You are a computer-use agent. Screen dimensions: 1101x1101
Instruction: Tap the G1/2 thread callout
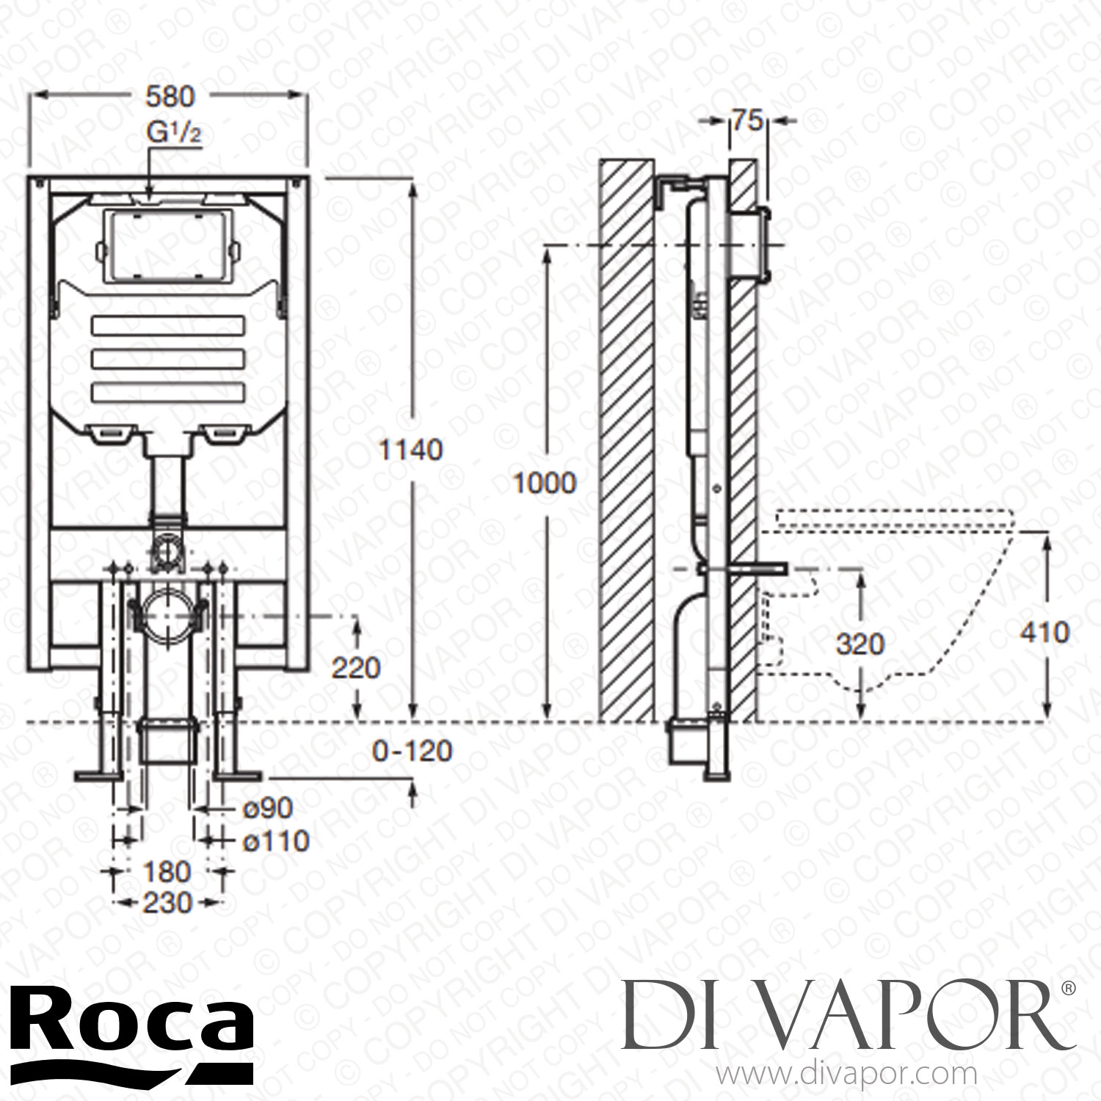point(175,135)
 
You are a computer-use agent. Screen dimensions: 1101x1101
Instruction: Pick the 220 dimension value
point(356,668)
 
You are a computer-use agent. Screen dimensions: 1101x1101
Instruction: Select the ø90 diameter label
point(266,808)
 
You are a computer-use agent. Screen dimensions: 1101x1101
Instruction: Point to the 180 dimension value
point(167,872)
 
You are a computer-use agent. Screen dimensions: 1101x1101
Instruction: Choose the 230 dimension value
point(167,902)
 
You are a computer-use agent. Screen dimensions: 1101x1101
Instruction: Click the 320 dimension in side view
point(860,644)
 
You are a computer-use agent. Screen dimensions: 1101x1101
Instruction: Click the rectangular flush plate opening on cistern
point(170,247)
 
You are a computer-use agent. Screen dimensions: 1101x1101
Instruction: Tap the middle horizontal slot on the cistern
point(168,360)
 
